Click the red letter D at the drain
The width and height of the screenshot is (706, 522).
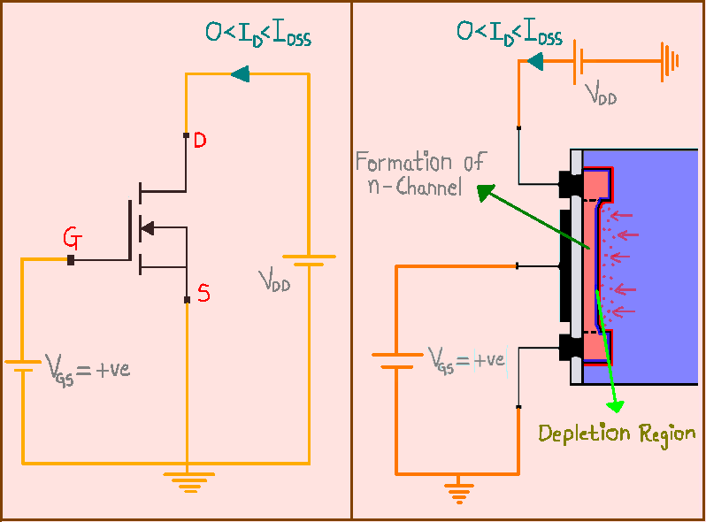coord(200,141)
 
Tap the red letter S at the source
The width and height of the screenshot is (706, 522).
coord(203,294)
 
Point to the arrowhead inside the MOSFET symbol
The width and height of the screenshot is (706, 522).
coord(148,227)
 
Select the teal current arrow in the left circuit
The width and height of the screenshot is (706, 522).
coord(239,75)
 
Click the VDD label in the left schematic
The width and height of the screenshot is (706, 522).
coord(275,282)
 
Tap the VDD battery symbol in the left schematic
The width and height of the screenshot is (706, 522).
coord(309,260)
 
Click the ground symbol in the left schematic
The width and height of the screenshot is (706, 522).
coord(187,480)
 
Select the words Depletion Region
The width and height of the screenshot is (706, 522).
coord(617,434)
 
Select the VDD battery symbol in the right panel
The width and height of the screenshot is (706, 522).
coord(579,61)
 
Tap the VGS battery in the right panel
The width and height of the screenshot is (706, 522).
coord(395,360)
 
